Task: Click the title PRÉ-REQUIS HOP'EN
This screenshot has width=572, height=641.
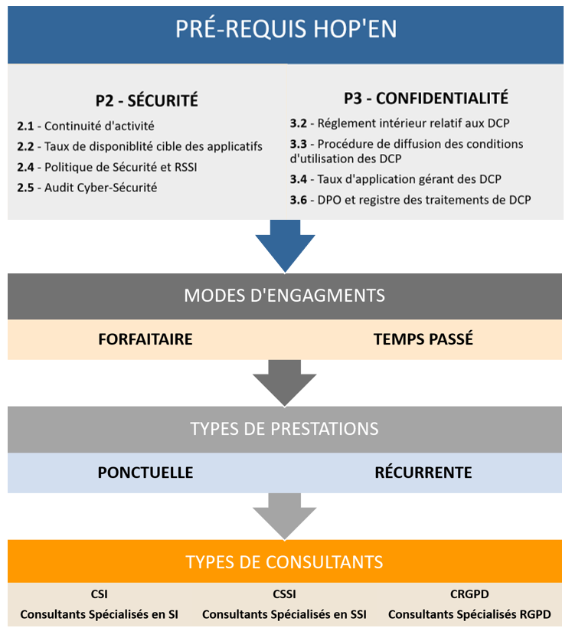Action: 286,28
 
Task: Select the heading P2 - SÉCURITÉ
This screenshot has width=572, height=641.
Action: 147,100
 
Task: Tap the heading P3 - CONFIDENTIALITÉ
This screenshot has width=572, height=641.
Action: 426,98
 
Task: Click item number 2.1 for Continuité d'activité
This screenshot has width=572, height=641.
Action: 25,126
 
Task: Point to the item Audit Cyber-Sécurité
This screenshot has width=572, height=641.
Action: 100,188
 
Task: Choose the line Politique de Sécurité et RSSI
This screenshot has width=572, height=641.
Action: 121,167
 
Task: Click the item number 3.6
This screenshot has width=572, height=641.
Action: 299,200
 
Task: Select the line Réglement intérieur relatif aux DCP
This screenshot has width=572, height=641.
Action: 413,123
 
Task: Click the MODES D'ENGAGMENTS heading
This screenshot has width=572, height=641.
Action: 285,296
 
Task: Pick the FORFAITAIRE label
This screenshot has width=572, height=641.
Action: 145,339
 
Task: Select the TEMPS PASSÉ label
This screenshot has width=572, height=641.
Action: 423,339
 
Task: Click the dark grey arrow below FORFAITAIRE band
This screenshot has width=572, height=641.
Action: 285,384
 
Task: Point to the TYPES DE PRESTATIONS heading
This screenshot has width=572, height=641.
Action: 285,429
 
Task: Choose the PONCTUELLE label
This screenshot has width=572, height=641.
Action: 145,473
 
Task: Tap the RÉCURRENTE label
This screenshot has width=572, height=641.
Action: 423,473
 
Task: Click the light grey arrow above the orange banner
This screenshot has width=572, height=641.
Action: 285,517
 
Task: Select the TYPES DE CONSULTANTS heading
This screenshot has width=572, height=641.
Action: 285,562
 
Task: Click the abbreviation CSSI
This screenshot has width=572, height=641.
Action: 285,594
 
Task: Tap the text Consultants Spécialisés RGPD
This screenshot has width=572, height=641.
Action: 469,614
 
